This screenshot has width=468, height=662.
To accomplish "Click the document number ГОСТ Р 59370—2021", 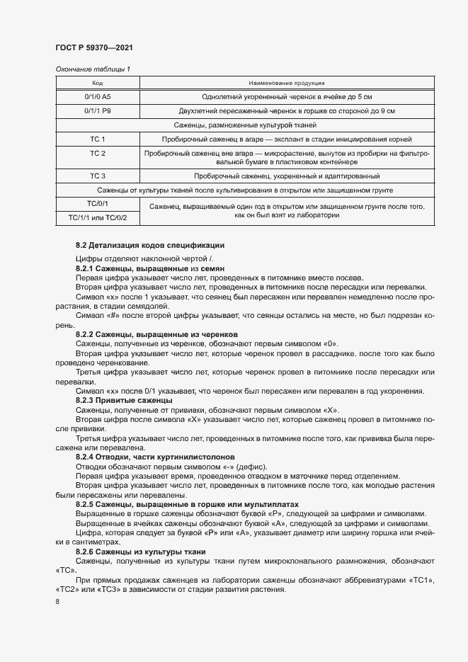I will [93, 47].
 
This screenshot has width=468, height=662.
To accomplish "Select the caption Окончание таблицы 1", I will [93, 69].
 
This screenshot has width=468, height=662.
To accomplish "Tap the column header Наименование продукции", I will [287, 83].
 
